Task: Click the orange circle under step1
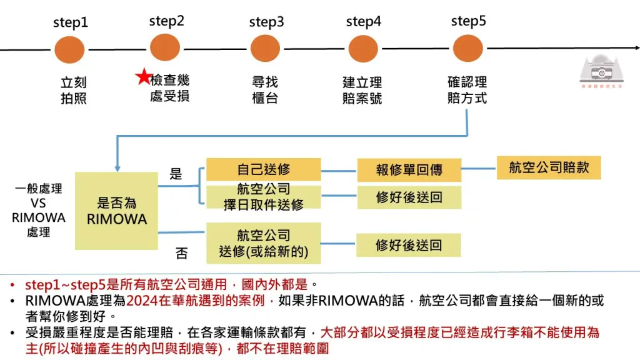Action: click(x=69, y=49)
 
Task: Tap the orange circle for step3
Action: click(x=265, y=49)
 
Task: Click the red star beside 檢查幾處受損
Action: click(x=144, y=78)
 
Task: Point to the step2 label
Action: click(x=167, y=21)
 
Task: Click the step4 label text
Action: click(x=363, y=22)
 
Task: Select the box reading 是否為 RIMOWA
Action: click(x=116, y=211)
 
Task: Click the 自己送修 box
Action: click(x=263, y=170)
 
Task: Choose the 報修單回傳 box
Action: click(x=409, y=171)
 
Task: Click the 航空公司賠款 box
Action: click(x=549, y=168)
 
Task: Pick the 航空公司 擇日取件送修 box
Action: click(x=263, y=197)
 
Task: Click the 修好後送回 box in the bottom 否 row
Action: click(x=409, y=245)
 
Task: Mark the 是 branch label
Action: click(x=176, y=174)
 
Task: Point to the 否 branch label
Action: click(x=181, y=253)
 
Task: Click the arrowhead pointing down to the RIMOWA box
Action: click(x=116, y=167)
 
